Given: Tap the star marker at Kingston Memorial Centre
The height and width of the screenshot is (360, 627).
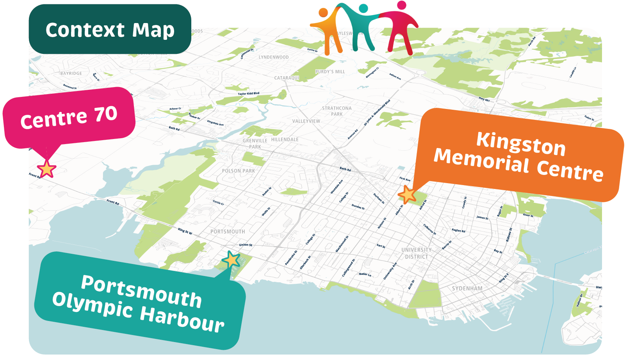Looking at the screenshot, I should click(x=407, y=194).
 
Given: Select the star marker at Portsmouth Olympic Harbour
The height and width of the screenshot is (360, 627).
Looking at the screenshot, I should click(x=231, y=260).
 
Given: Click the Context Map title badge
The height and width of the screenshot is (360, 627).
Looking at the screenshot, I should click(x=110, y=30).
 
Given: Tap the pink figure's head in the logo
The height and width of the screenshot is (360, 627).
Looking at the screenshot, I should click(x=401, y=5).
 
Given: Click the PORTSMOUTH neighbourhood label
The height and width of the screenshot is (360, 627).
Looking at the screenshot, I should click(x=228, y=232).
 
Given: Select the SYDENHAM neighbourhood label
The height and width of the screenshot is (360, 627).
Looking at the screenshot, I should click(x=467, y=289).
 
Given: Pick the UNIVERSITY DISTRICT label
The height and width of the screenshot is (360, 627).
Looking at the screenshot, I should click(x=416, y=253).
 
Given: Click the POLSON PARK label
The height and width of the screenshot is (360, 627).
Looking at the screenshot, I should click(x=238, y=171).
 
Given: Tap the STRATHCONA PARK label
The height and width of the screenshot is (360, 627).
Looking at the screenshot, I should click(x=337, y=111).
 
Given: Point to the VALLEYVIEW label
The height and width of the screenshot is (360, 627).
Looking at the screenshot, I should click(x=306, y=121).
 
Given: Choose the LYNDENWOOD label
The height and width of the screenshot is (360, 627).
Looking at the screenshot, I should click(x=274, y=57).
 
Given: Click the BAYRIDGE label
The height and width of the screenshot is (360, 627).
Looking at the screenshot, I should click(x=71, y=73).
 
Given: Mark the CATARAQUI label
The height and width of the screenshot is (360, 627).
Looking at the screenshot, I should click(x=287, y=78).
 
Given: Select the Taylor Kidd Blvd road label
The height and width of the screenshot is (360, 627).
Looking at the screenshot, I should click(x=248, y=94).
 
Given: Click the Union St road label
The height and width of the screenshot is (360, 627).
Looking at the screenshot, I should click(x=246, y=245).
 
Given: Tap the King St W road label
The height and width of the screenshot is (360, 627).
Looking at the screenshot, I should click(x=185, y=231).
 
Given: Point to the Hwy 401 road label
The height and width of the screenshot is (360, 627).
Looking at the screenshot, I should click(x=484, y=99).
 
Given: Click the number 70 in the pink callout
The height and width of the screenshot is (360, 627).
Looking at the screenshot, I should click(x=105, y=114).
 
